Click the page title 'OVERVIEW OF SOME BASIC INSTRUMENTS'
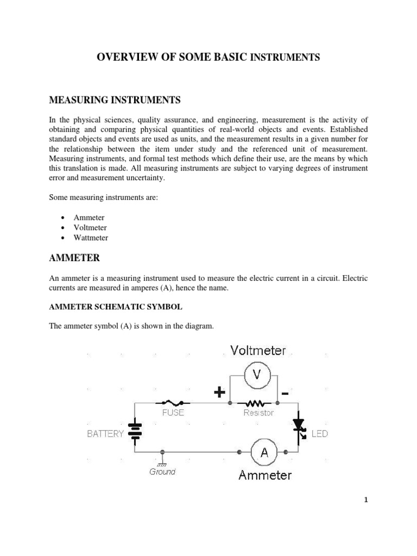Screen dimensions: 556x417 point(208,57)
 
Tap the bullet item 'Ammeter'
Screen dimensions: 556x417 point(89,218)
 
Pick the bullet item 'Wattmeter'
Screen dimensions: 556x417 point(91,238)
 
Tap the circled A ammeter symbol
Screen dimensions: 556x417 point(264,452)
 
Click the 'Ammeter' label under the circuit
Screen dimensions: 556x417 point(265,476)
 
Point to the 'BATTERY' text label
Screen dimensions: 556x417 point(105,434)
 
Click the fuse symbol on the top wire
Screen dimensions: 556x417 point(173,403)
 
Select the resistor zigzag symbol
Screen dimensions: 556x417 point(254,403)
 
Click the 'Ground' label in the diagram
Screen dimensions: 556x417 point(162,472)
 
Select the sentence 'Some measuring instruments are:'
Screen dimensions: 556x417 point(103,198)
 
